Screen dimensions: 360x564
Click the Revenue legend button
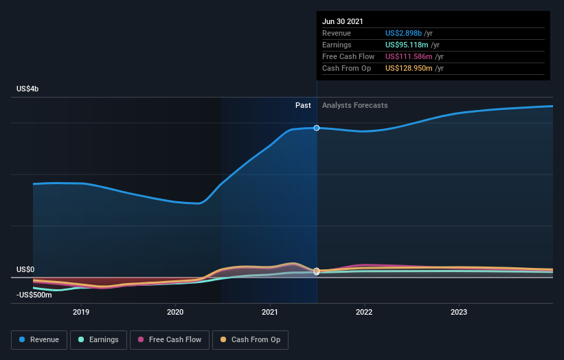pos(39,339)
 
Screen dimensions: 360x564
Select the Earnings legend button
pos(98,339)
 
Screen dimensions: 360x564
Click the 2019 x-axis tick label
pos(81,312)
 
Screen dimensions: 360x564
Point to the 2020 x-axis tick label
pos(175,312)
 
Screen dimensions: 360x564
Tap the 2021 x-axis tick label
pos(270,312)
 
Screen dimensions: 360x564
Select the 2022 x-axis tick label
pos(364,312)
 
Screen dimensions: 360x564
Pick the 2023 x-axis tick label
pos(459,312)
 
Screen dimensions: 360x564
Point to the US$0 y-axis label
pos(25,270)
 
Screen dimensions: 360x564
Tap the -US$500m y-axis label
pos(34,295)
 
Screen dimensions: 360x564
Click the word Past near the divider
pos(303,106)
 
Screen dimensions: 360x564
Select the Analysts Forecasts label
pos(355,106)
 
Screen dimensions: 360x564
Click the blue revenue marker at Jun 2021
pos(317,128)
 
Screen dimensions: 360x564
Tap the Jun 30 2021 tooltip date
pos(343,21)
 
